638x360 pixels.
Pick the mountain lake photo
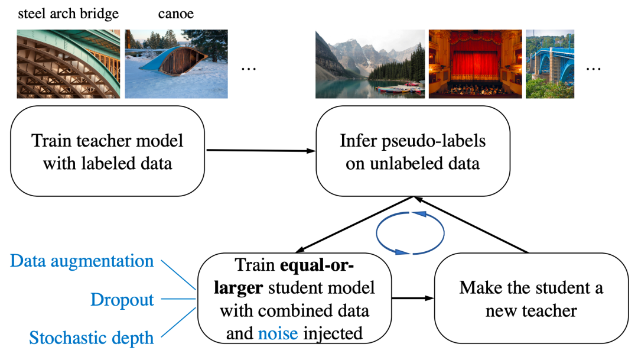click(369, 64)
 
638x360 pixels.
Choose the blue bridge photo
click(549, 64)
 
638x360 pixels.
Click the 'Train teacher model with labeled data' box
click(108, 152)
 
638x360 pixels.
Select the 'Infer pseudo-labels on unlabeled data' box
click(412, 152)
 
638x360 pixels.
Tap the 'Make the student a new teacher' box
click(531, 299)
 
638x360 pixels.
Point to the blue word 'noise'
click(278, 333)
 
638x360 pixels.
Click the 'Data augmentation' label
click(82, 261)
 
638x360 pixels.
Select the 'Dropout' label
click(122, 300)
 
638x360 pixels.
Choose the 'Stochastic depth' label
click(92, 338)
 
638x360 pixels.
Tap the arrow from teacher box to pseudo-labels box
click(260, 151)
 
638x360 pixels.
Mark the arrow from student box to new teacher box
click(412, 299)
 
